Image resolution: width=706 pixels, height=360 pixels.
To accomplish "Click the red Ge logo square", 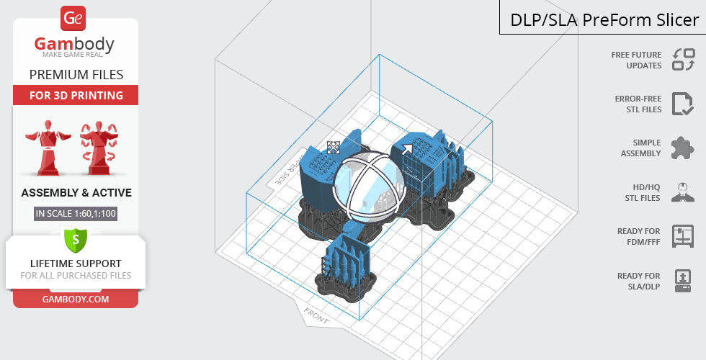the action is (73, 19).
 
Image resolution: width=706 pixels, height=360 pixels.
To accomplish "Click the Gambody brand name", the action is (74, 44).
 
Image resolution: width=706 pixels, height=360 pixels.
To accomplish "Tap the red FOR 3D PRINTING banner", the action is (76, 95).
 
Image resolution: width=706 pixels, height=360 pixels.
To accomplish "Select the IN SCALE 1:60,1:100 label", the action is (76, 213).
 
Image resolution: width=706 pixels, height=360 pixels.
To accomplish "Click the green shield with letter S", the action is (76, 240).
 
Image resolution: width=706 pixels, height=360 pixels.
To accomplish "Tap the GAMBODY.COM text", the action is (76, 300).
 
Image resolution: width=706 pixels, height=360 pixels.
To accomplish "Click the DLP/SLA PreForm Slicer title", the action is (604, 20).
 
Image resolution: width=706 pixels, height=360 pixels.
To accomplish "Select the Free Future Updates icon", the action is (684, 60).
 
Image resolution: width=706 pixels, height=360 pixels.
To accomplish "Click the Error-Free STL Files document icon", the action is (683, 104).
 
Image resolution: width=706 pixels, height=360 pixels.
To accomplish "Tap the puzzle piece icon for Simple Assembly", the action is (683, 148).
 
